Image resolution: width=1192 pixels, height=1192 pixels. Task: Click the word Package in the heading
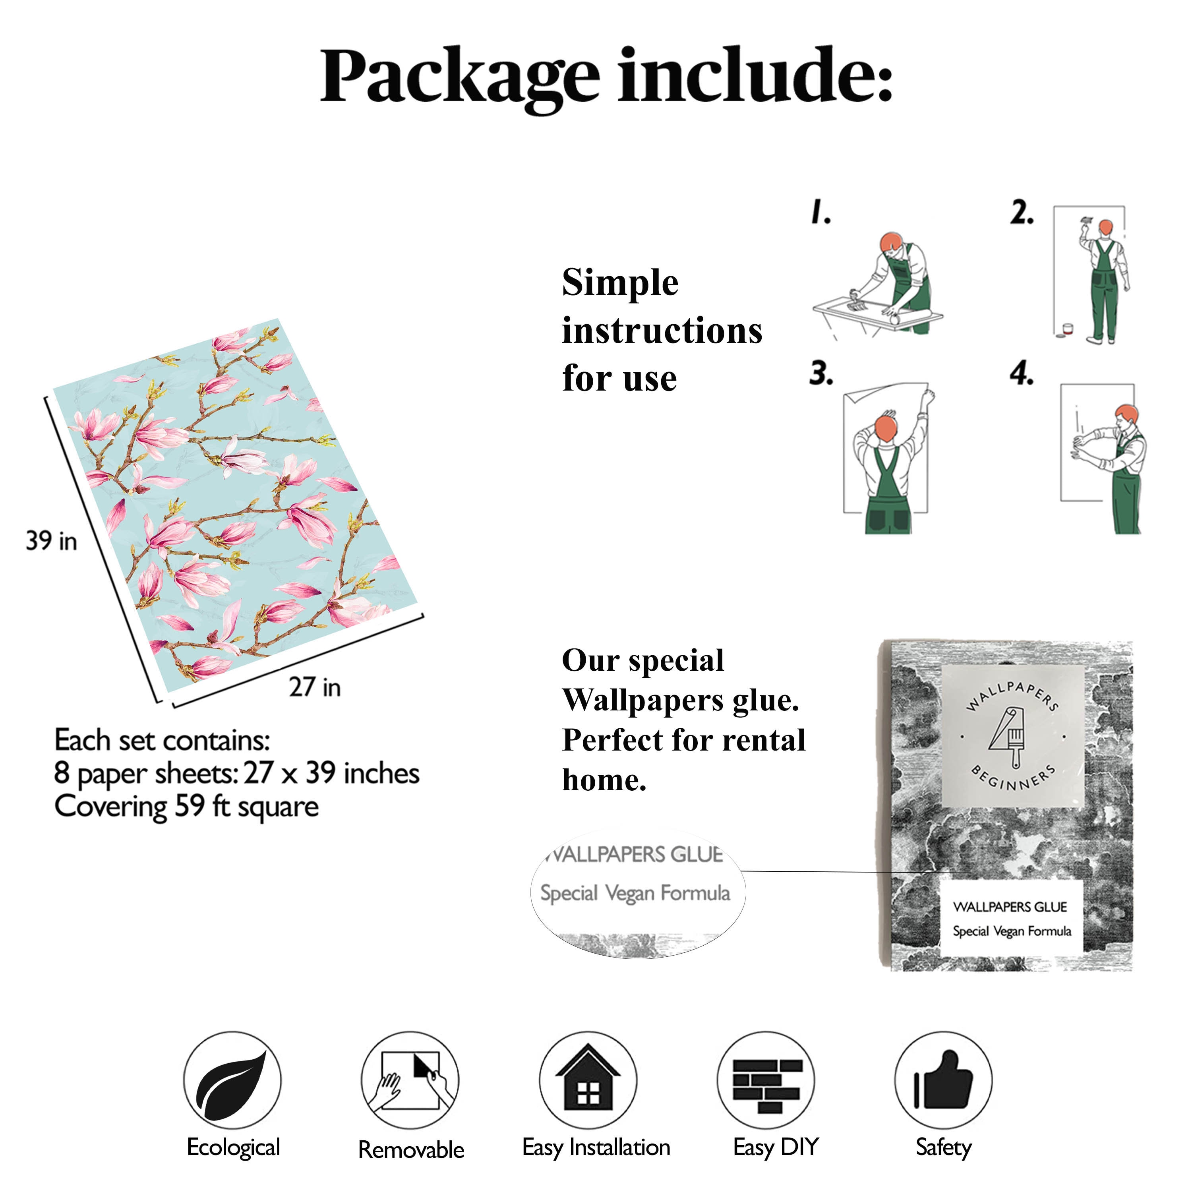(x=460, y=79)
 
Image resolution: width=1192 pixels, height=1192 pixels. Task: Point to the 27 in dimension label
(x=315, y=687)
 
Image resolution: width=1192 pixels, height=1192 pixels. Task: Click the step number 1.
(x=820, y=212)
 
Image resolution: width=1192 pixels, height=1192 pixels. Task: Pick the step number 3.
(x=821, y=373)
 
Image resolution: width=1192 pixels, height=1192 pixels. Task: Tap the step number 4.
(x=1022, y=373)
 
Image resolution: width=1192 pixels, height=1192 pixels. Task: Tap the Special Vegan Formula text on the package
(x=1012, y=931)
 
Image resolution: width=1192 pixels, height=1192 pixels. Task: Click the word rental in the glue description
(x=764, y=740)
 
